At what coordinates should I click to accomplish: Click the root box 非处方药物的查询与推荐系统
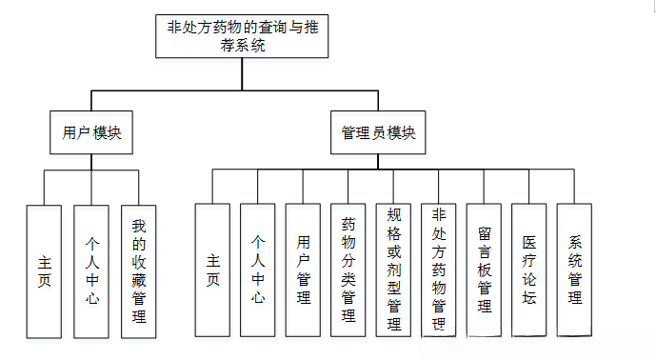pos(229,36)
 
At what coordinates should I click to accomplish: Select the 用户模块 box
pos(90,133)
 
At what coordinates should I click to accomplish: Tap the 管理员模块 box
pos(379,133)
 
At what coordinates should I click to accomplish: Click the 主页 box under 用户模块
pos(45,270)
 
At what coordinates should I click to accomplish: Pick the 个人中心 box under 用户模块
pos(90,270)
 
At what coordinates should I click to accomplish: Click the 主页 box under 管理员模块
pos(212,270)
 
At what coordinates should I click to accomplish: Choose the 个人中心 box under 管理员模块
pos(258,270)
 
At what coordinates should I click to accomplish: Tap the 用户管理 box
pos(304,270)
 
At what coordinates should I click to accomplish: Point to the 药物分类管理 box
pos(348,270)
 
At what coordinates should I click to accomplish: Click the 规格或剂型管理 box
pos(394,270)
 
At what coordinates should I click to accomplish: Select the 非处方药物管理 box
pos(439,270)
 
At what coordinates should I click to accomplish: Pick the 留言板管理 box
pos(485,270)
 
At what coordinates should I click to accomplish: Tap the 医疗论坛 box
pos(529,270)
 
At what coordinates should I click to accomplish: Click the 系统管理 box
pos(575,270)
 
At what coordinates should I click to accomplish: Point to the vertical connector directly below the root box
pos(229,74)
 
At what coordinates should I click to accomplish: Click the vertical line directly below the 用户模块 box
pos(90,163)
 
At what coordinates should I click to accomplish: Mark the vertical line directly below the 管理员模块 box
pos(379,162)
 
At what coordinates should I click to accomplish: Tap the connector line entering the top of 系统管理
pos(575,188)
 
